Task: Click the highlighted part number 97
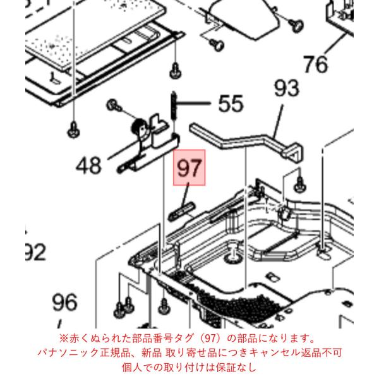[189, 168]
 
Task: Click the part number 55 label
[231, 104]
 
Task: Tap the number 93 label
[286, 88]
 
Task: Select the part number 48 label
[88, 165]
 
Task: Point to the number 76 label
[315, 64]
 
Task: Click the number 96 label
[65, 303]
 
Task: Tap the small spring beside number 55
[174, 105]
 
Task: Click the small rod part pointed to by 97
[181, 211]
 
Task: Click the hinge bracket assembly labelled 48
[147, 147]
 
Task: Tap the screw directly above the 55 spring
[176, 71]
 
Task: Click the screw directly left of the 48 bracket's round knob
[113, 105]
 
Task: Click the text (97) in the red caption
[210, 339]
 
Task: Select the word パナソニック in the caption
[68, 352]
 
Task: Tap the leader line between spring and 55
[193, 103]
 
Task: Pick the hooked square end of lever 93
[294, 152]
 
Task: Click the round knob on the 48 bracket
[140, 127]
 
